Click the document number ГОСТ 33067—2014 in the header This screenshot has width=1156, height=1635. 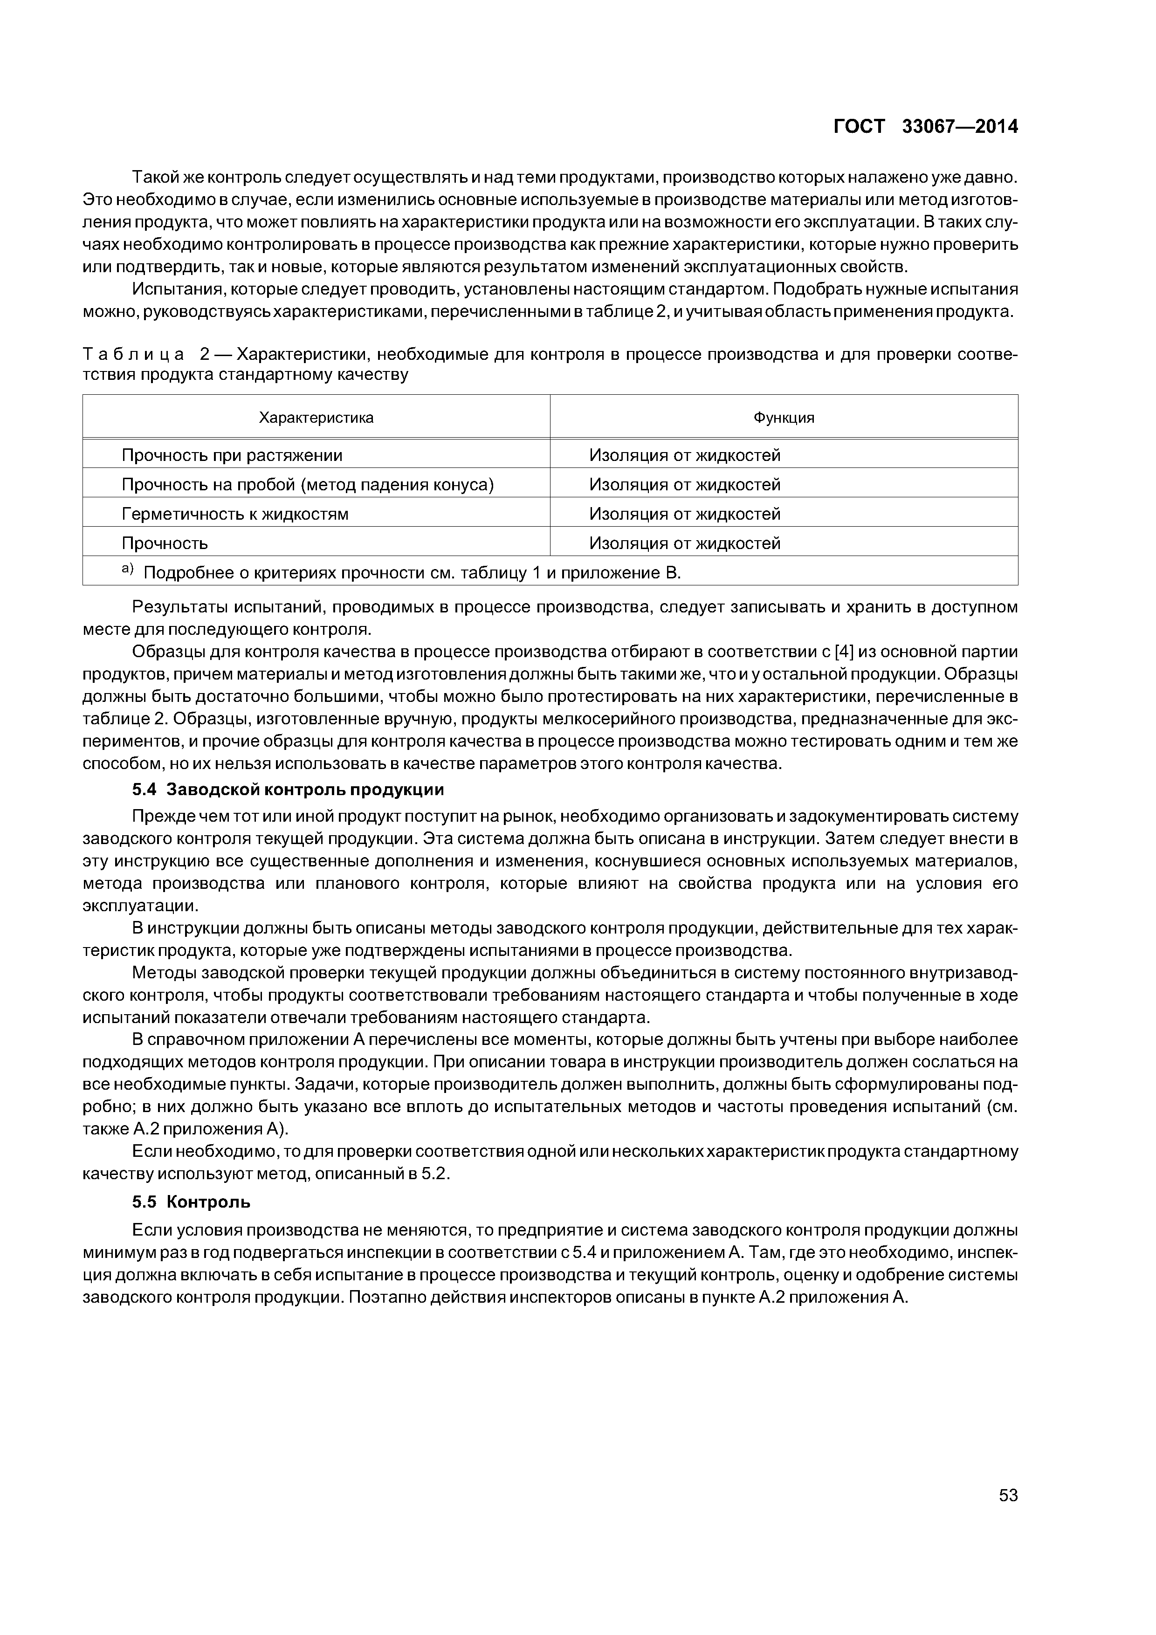[x=925, y=127]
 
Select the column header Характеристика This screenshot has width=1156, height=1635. [x=316, y=418]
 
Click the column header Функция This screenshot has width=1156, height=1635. [x=784, y=418]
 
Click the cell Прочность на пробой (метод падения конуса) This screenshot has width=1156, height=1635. [x=308, y=485]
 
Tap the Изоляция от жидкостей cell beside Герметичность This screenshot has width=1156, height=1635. [x=684, y=514]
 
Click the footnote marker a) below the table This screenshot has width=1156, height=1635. [x=128, y=570]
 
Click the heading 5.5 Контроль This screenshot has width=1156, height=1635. [x=191, y=1202]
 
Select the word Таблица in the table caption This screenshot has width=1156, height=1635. [x=133, y=354]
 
